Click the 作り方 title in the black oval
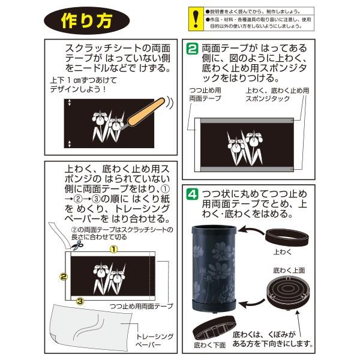(x=87, y=20)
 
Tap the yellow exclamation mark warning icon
(x=196, y=19)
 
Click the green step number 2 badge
(x=192, y=49)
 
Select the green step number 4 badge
(x=192, y=194)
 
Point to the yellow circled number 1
(x=114, y=249)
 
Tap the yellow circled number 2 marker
(x=64, y=277)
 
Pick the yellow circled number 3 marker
(x=80, y=301)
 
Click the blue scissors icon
(x=77, y=245)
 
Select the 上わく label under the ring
(x=283, y=252)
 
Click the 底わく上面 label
(x=289, y=271)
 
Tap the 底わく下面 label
(x=209, y=345)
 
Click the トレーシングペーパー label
(x=155, y=340)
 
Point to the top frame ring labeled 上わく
(x=287, y=238)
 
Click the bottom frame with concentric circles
(x=288, y=292)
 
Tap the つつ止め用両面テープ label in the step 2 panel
(x=205, y=94)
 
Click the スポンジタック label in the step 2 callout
(x=268, y=99)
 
